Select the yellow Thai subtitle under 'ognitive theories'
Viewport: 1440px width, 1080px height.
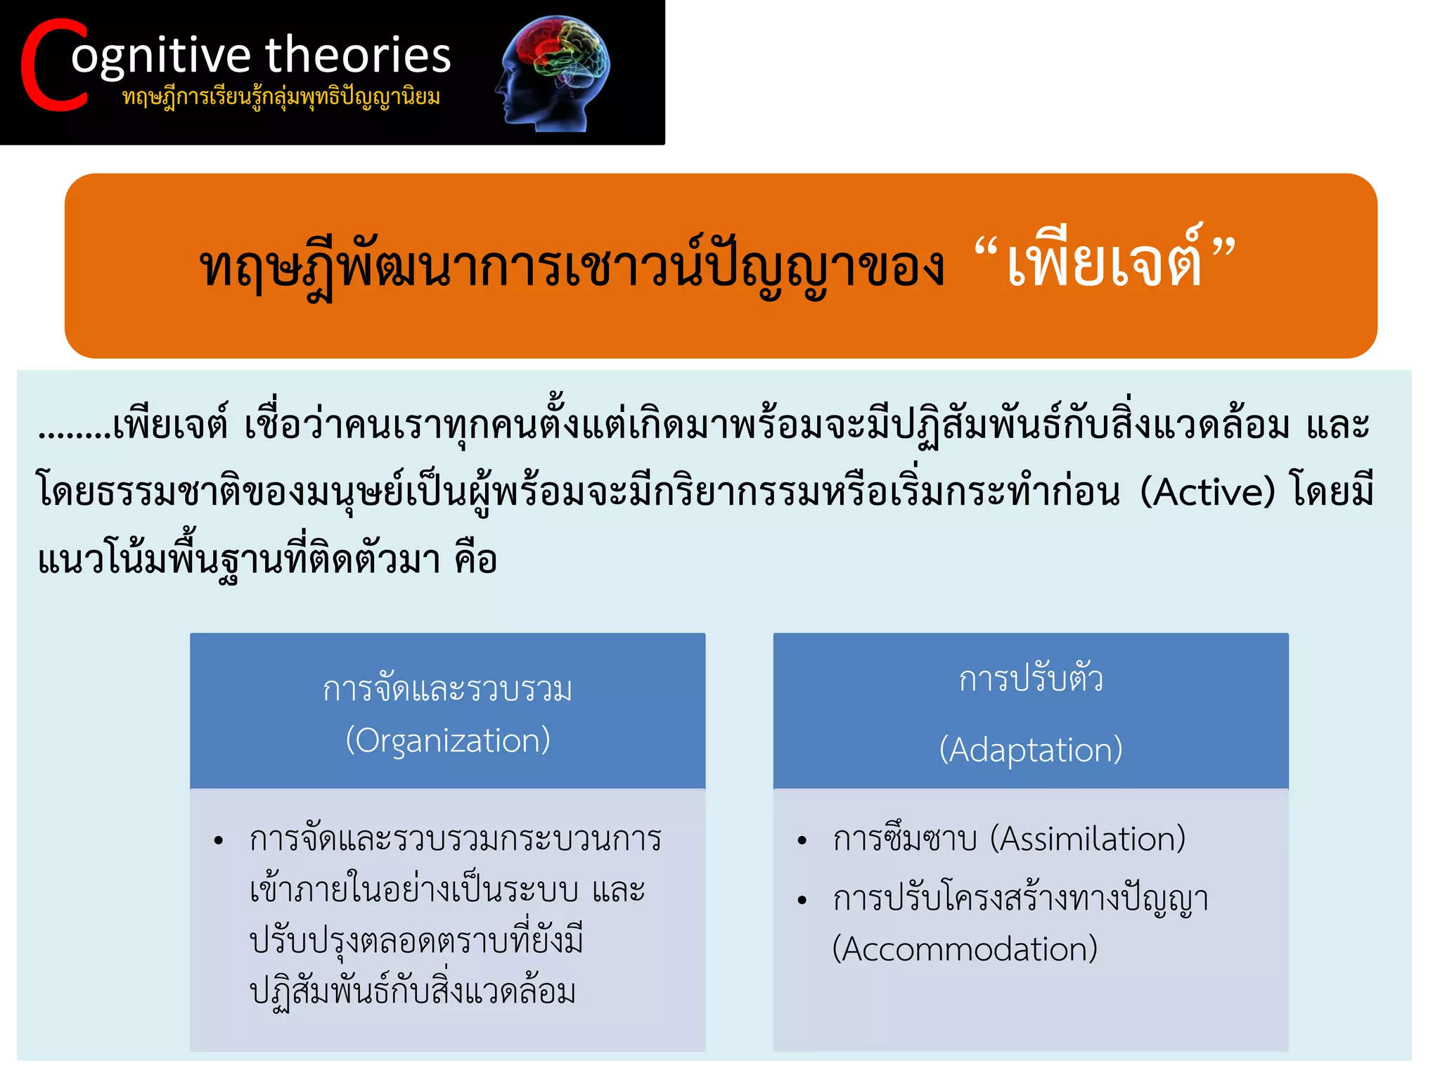coord(281,97)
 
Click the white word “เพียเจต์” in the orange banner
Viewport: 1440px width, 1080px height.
coord(1105,264)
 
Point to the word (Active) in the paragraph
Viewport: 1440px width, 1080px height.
coord(1207,491)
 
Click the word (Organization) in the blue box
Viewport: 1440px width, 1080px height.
coord(448,740)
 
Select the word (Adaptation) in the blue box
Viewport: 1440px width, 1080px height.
coord(1031,750)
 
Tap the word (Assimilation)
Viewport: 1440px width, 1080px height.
coord(1088,839)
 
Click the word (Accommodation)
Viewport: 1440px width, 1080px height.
coord(965,949)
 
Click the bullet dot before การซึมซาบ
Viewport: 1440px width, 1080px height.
coord(802,841)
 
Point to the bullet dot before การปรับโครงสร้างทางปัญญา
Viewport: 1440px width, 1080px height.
coord(802,901)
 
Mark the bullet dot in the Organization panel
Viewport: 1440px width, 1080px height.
coord(219,841)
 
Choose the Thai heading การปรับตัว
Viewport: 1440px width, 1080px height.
coord(1031,679)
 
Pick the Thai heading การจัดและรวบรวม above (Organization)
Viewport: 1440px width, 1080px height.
coord(448,689)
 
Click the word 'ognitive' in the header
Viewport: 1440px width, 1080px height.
coord(161,56)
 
